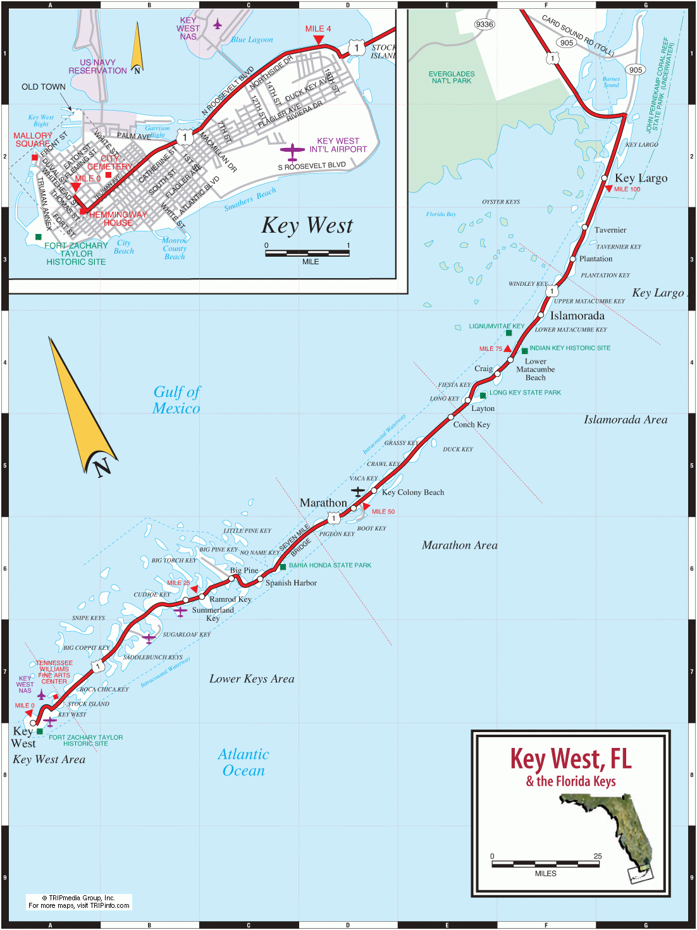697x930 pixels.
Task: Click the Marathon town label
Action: click(x=323, y=503)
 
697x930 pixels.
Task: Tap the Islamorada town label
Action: click(x=577, y=315)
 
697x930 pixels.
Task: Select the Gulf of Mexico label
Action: click(x=176, y=400)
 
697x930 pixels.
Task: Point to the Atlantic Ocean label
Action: click(x=244, y=762)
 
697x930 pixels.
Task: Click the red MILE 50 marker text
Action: click(x=383, y=511)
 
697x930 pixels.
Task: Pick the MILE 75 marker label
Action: click(x=490, y=349)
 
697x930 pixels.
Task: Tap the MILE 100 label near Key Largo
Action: click(x=627, y=189)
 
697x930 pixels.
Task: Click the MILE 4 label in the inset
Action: click(x=318, y=28)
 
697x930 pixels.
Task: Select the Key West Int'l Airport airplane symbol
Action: click(x=292, y=152)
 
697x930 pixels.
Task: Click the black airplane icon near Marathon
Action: click(x=358, y=491)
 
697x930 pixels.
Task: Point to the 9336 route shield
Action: click(x=484, y=25)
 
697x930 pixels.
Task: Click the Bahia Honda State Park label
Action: click(x=330, y=565)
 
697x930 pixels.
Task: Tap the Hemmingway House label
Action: click(x=118, y=219)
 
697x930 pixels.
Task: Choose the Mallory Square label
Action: click(x=32, y=140)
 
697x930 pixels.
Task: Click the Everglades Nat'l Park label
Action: click(x=452, y=77)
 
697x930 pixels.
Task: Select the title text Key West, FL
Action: click(x=571, y=759)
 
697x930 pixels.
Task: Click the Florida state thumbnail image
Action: click(x=611, y=835)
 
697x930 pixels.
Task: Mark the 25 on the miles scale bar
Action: click(x=598, y=856)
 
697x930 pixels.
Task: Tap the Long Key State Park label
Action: click(x=525, y=393)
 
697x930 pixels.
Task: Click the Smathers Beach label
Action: click(x=250, y=199)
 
